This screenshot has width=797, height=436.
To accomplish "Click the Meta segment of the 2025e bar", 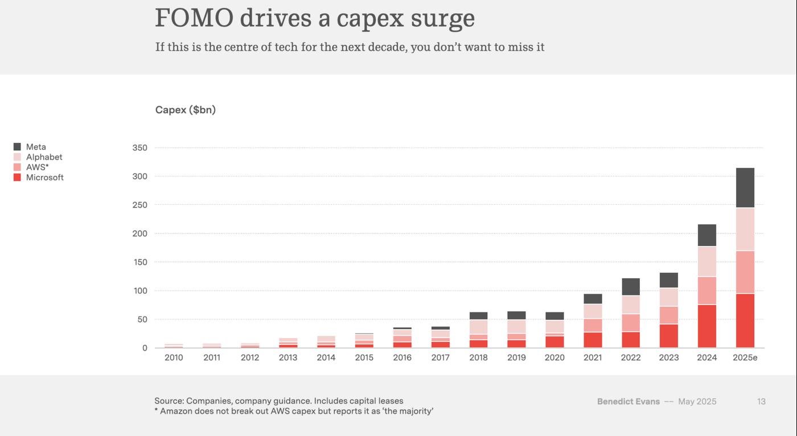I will point(745,188).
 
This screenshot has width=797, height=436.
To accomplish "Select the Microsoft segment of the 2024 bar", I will point(706,326).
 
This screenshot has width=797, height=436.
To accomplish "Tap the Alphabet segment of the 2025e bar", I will point(745,229).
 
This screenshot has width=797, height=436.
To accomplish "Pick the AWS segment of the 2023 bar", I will point(669,315).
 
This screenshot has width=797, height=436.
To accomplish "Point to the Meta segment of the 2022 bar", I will point(631,287).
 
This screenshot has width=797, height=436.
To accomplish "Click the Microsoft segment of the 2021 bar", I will point(593,340).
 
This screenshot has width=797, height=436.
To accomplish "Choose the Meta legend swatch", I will point(17,147).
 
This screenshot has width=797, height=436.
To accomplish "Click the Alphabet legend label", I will point(44,157).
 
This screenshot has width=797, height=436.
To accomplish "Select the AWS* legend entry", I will point(37,167).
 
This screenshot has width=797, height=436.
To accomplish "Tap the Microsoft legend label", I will point(44,178).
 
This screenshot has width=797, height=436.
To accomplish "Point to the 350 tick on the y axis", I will point(139,148).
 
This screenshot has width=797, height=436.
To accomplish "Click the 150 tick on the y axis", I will point(139,262).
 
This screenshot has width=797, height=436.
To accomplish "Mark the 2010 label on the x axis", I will point(174,357).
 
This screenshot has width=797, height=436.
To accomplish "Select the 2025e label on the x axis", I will point(745,357).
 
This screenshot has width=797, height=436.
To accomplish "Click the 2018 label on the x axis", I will point(478,357).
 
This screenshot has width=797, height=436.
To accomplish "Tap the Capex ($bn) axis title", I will point(186,110).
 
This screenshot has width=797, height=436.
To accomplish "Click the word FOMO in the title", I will point(194,18).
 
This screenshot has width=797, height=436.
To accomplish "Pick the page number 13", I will point(761,402).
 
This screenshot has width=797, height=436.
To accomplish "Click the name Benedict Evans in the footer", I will point(628,402).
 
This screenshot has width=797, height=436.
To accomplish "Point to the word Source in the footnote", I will point(169,401).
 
